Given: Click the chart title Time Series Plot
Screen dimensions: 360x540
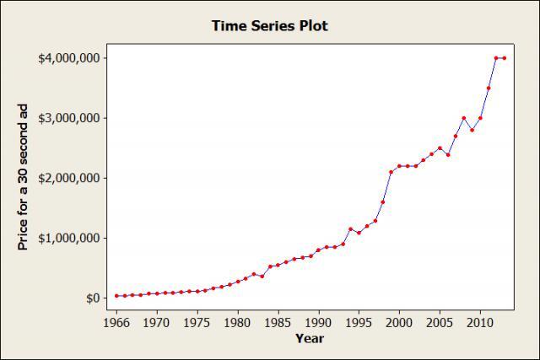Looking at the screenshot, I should (270, 26).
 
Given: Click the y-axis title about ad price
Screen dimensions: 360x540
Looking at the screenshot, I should (24, 178).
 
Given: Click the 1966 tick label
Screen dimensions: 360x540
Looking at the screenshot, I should (116, 322).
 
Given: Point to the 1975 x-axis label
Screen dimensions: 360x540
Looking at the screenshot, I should (197, 322).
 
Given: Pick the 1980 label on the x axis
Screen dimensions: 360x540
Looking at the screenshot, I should (238, 322).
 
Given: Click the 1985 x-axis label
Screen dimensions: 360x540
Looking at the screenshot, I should (278, 322).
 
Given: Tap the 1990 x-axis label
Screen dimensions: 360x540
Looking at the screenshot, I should (319, 322).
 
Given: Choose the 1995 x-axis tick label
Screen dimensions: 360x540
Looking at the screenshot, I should (359, 322).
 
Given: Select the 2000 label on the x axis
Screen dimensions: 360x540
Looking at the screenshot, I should (400, 322).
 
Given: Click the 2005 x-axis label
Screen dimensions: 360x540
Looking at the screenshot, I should (440, 322).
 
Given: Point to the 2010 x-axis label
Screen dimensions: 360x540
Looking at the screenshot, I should (480, 322).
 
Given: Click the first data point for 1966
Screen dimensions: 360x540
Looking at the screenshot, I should (116, 296).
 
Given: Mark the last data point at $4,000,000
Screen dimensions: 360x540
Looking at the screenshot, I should (505, 58).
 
